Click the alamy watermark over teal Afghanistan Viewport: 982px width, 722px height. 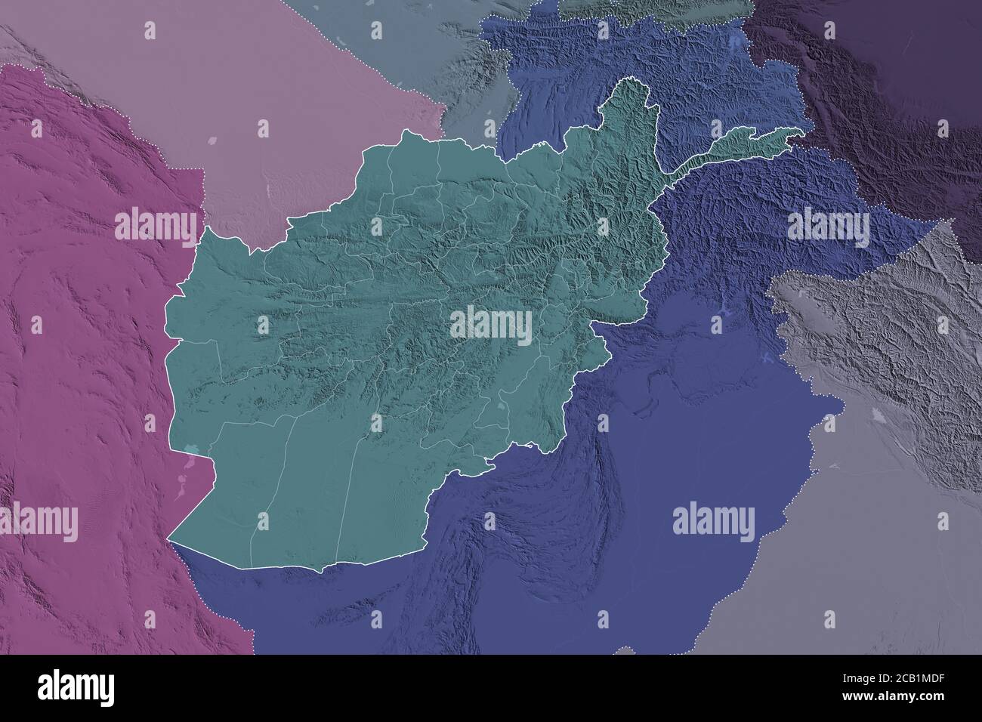491,324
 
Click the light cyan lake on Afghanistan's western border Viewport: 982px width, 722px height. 191,453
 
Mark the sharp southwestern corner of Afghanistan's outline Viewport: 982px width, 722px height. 168,538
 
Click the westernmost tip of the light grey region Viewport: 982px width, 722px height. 767,292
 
